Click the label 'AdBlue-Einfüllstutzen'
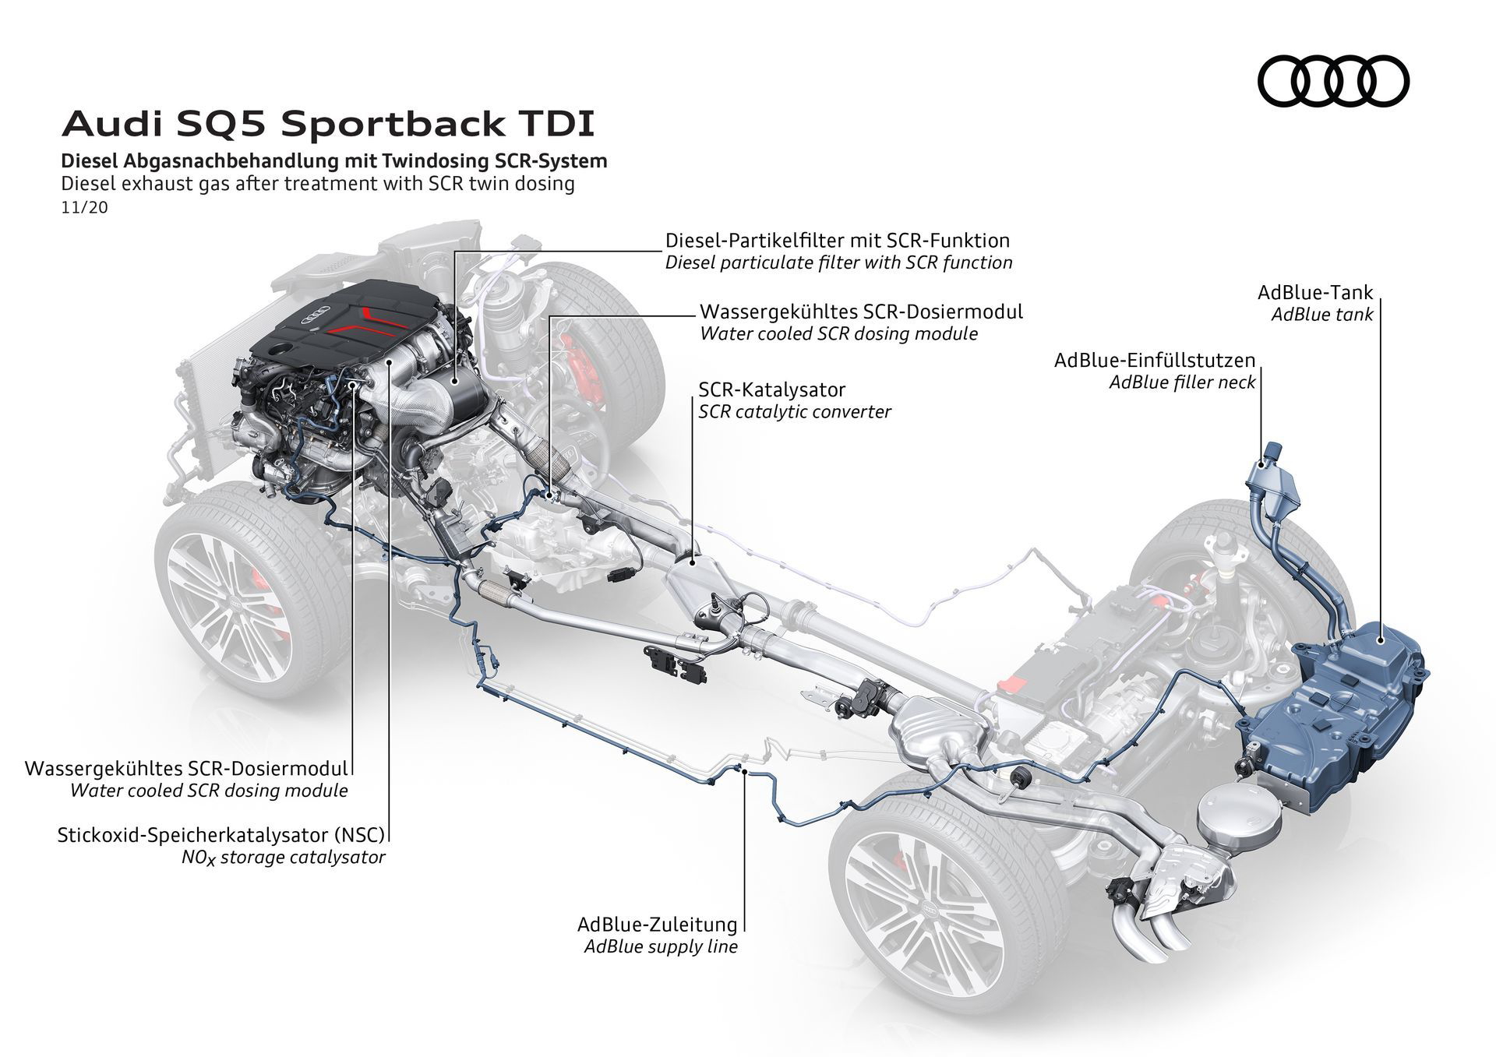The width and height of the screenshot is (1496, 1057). pos(1155,360)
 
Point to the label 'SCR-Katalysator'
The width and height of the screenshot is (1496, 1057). pos(771,389)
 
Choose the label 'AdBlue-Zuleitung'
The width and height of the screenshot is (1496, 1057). pos(657,925)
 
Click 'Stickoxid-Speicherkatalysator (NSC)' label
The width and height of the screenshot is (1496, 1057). pos(221,835)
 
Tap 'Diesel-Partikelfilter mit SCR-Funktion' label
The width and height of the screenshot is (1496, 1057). pos(837,240)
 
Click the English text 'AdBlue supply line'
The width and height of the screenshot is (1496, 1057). pos(660,947)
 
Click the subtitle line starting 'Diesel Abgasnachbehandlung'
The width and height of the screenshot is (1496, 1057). pos(334,161)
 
